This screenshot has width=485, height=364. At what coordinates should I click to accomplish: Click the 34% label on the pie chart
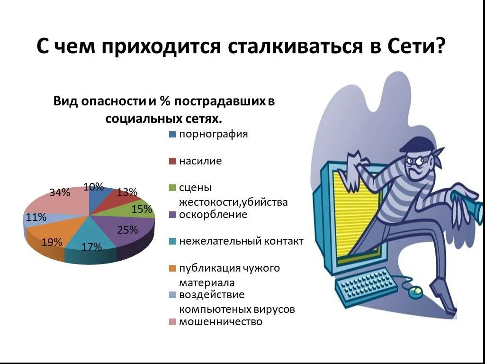[x=60, y=192]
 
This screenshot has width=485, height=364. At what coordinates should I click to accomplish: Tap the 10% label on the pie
[x=93, y=187]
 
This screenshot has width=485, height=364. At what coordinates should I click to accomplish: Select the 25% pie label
[x=127, y=230]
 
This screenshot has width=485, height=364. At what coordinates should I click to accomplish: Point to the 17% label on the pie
[x=91, y=247]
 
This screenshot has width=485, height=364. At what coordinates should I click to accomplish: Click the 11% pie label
[x=36, y=218]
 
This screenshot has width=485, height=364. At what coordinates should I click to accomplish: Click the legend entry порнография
[x=213, y=134]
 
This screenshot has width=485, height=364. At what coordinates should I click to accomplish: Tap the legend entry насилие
[x=200, y=161]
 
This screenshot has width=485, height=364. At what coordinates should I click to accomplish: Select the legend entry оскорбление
[x=213, y=215]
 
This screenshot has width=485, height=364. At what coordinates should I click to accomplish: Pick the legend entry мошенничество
[x=220, y=322]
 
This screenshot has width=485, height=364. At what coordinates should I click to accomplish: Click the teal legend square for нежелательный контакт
[x=172, y=242]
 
